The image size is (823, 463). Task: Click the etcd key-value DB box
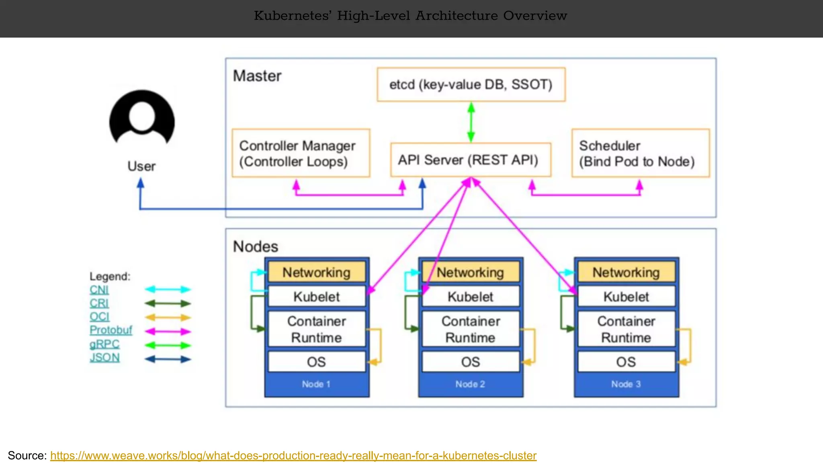tap(471, 84)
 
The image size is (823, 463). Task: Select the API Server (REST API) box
tap(470, 160)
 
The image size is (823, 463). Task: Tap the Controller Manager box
tap(301, 153)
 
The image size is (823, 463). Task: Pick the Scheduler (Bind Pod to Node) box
tap(641, 153)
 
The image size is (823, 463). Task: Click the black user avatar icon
tap(142, 119)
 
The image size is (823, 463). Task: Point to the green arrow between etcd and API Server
tap(471, 122)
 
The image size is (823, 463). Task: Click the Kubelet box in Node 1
tap(317, 297)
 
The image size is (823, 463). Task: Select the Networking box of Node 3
tap(626, 272)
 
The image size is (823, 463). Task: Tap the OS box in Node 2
tap(470, 362)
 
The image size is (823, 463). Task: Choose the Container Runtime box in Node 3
tap(626, 329)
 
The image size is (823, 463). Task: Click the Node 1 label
tap(316, 384)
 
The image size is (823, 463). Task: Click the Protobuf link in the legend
tap(111, 330)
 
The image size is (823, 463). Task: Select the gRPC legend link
tap(104, 344)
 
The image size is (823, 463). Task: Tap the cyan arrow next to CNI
tap(168, 289)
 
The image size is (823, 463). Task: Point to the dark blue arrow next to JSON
tap(168, 359)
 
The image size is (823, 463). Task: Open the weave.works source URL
tap(293, 455)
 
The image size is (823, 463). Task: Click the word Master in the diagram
tap(257, 76)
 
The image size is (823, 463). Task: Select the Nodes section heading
tap(256, 246)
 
